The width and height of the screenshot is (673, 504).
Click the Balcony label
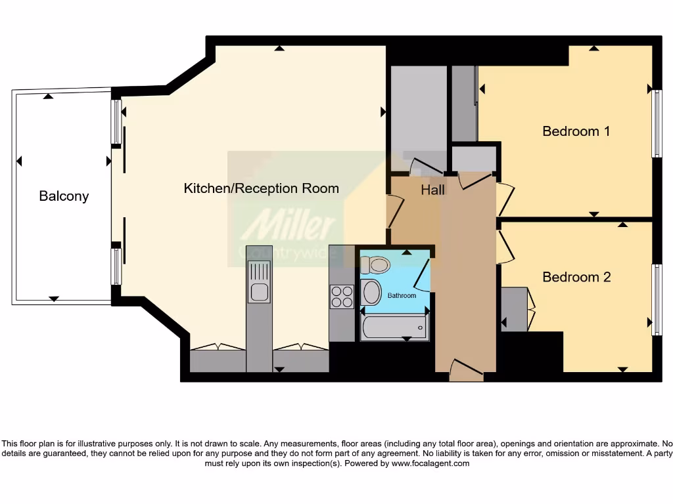point(64,196)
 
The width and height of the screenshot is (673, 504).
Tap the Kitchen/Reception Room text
point(261,188)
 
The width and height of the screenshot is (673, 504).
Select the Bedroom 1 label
point(576,131)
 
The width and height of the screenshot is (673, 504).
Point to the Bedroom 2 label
point(576,277)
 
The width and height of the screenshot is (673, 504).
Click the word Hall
point(432,190)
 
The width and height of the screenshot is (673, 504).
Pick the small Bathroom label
point(402,295)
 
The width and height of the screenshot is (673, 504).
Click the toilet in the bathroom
point(375,264)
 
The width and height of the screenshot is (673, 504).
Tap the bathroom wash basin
point(371,292)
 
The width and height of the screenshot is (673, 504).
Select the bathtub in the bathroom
point(394,325)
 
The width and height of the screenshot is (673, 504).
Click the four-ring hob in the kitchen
point(342,297)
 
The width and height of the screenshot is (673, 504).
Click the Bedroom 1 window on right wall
point(657,123)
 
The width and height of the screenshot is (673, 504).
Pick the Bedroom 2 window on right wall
point(656,299)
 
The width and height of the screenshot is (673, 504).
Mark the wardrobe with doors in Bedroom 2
point(515,308)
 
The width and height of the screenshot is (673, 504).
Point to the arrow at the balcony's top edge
point(48,96)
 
